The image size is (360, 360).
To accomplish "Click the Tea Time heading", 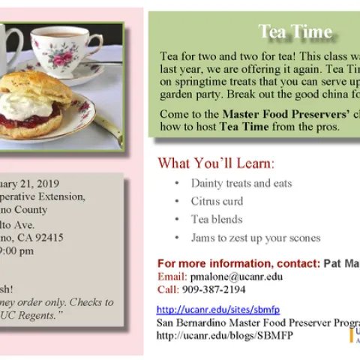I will coord(295,31).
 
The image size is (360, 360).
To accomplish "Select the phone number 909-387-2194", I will coord(214,289).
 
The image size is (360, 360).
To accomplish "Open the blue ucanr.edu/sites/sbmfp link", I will coord(218,309).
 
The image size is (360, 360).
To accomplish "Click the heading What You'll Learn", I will coord(216,163).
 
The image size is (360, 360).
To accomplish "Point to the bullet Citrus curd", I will coord(217,201).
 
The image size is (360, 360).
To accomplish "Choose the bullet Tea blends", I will coord(216,219).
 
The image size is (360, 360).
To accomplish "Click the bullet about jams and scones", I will coord(255,238).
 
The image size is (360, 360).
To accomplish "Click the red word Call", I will coord(167,289).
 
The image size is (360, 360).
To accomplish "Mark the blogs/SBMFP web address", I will coord(225,334).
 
